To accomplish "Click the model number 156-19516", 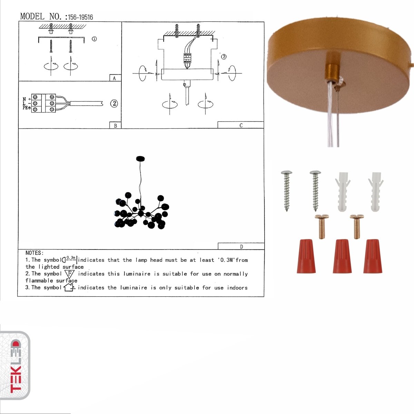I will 80,17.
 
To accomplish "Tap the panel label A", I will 115,78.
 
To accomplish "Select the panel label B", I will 115,126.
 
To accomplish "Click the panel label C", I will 241,125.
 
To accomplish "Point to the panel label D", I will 241,246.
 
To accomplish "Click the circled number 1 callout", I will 94,39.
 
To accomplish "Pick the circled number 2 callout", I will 114,103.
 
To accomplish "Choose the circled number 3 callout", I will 224,57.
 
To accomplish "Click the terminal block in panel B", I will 44,103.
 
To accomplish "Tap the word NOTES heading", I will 34,253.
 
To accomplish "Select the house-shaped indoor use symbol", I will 69,287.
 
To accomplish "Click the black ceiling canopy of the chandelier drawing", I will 141,158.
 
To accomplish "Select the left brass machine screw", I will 322,226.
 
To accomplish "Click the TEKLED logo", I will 16,366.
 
